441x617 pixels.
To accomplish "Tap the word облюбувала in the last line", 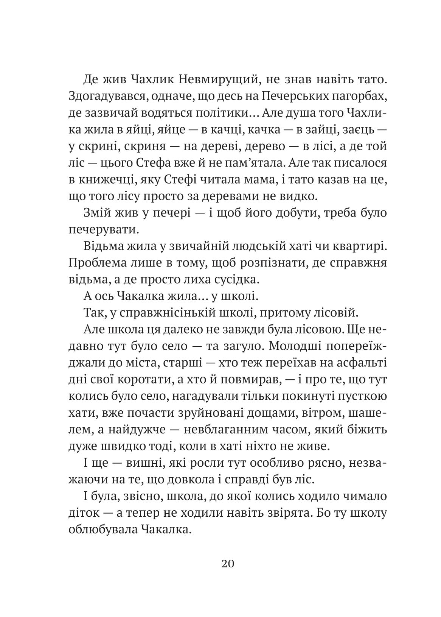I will click(102, 530).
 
